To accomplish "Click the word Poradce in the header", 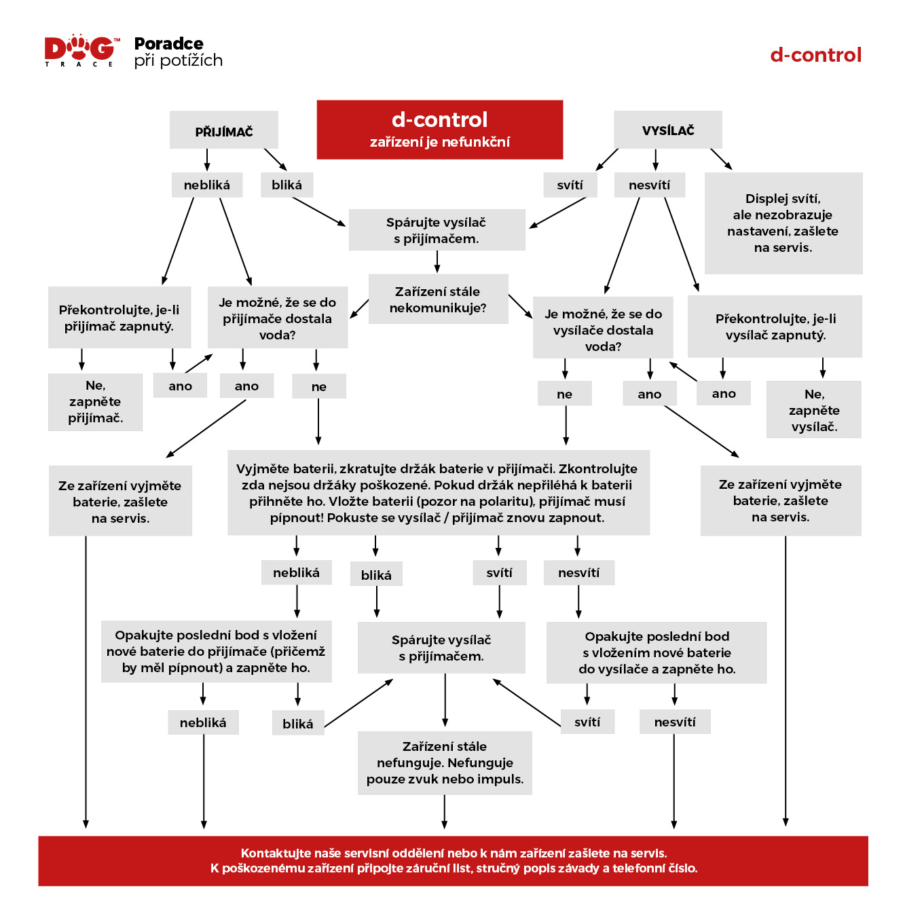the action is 168,43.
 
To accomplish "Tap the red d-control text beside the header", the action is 815,55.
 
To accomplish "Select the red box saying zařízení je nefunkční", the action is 439,130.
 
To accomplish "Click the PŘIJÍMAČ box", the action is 223,130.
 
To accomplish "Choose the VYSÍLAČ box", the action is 667,130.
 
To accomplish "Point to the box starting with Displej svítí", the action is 783,223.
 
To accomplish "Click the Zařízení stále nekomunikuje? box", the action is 438,299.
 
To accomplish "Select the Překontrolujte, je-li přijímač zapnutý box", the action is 119,318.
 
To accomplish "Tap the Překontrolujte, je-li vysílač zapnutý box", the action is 775,327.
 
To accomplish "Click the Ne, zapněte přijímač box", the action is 95,402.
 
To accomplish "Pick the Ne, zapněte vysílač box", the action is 813,409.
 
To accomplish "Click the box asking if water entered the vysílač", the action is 603,327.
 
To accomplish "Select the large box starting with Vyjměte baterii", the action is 439,493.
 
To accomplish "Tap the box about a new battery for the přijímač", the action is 216,651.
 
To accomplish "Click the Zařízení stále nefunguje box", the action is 445,762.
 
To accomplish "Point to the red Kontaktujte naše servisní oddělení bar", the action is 453,860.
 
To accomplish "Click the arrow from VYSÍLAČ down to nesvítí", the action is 655,160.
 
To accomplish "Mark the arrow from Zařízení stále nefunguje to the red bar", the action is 444,812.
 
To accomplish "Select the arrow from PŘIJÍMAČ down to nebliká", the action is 206,160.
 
